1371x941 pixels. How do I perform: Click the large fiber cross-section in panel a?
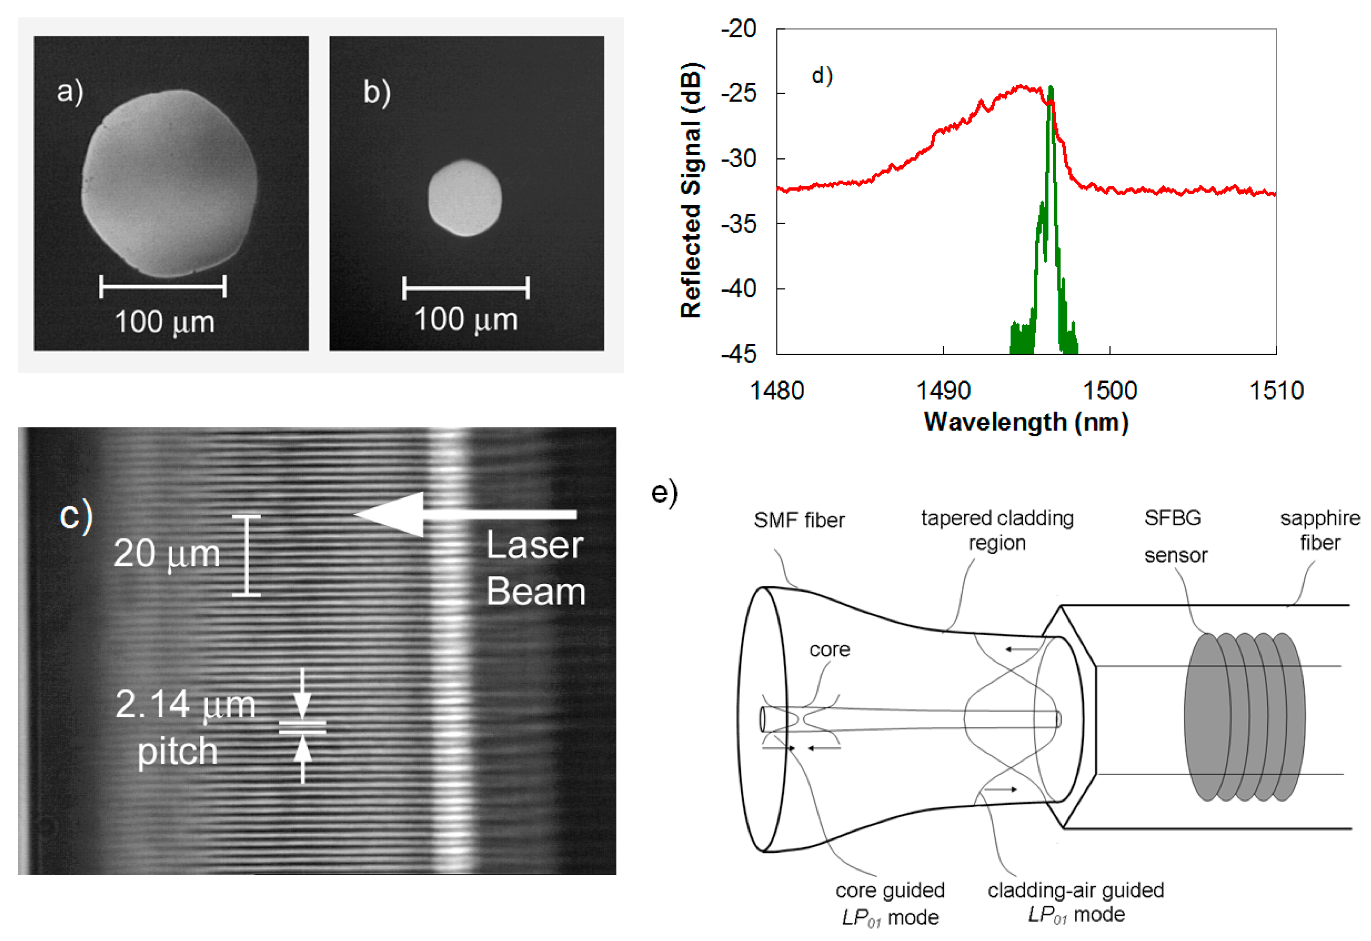(169, 183)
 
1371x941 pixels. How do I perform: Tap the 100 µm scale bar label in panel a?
(165, 322)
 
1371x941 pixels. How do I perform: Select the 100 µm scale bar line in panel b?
(465, 288)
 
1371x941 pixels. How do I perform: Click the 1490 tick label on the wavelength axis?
(943, 391)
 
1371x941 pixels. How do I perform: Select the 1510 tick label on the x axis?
(1276, 391)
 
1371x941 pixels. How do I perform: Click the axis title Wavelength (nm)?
(1026, 422)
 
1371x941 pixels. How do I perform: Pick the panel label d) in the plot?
(822, 75)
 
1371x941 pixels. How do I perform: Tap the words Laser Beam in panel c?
(535, 568)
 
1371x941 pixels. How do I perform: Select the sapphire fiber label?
(1320, 530)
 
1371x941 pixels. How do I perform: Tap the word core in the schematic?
(829, 650)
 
